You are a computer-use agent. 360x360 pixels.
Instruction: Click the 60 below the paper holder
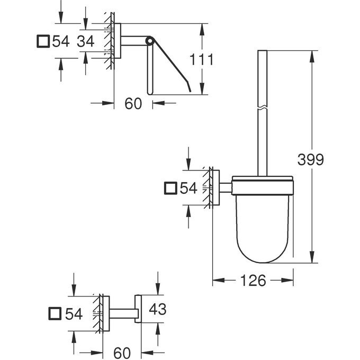pos(133,103)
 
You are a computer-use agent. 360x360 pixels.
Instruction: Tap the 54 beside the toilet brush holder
pos(188,187)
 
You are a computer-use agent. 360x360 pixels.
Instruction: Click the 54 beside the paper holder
pos(61,41)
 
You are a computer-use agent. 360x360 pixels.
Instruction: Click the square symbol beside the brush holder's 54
pos(171,187)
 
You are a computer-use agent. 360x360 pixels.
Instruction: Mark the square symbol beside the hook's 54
pos(55,314)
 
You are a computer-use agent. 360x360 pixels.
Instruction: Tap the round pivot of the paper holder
pos(150,40)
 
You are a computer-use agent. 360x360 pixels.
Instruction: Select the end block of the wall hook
pos(137,309)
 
